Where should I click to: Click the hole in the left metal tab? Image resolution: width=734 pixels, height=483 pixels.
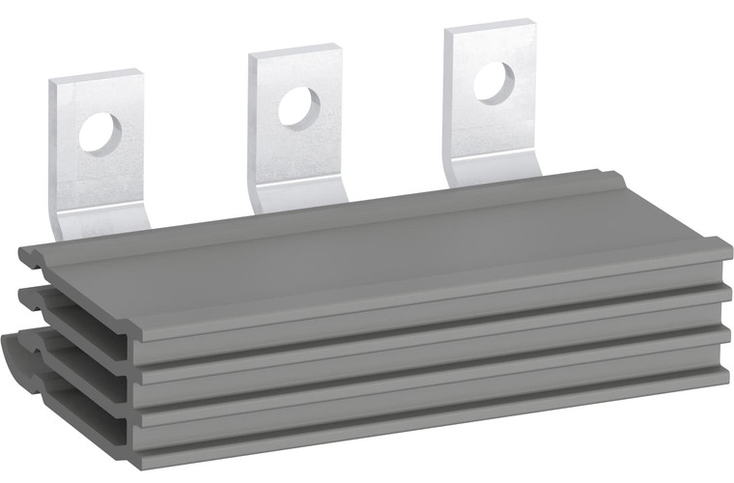pos(100,132)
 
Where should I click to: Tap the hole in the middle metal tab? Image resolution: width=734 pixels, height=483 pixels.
pos(298,106)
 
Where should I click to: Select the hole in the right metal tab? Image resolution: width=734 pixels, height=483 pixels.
pos(494,82)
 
